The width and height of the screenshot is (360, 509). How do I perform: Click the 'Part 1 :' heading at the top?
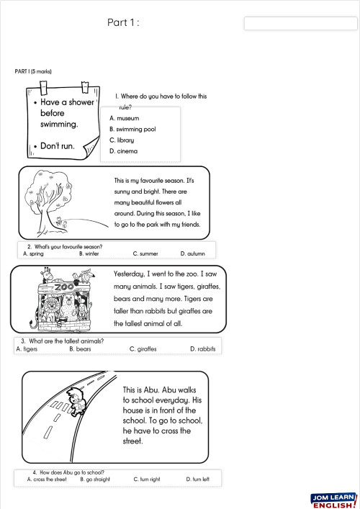point(122,22)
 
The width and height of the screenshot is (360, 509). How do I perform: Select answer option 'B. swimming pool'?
point(132,129)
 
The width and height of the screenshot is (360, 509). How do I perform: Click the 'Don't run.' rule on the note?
point(57,146)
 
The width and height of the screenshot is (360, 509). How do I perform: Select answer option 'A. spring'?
point(35,253)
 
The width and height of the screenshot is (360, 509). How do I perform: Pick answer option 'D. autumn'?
point(192,253)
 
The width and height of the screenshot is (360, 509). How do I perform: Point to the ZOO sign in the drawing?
point(64,287)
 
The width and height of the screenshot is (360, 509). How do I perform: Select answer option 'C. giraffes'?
point(143,348)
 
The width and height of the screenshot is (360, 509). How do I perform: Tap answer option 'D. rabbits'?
point(202,348)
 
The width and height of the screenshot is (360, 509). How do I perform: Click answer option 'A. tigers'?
point(27,348)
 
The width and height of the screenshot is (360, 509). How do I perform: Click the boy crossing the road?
point(73,400)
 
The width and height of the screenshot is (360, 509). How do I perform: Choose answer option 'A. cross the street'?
point(46,479)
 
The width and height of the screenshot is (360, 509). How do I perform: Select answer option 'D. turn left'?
point(197,479)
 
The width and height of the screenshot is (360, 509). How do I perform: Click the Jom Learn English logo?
point(333,500)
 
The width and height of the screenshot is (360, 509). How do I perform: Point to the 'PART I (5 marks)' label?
point(33,71)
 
